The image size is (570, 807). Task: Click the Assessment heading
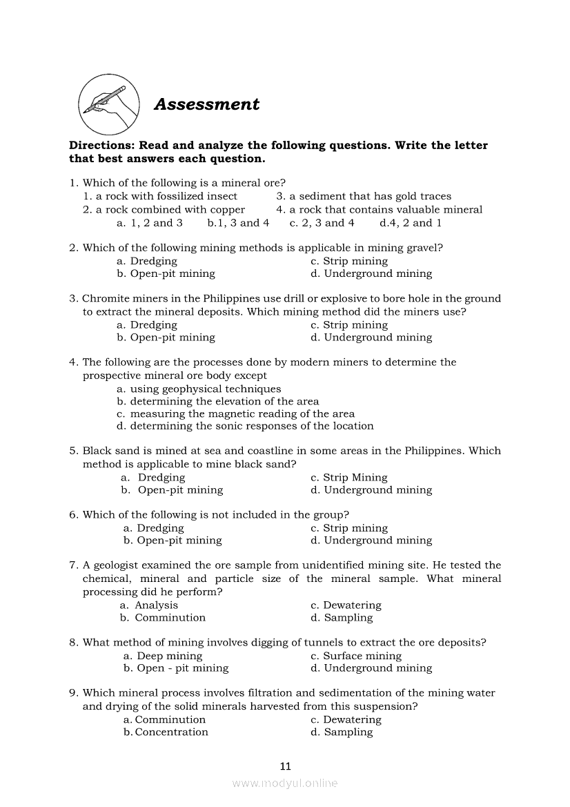click(x=206, y=104)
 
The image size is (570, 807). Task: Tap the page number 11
click(x=286, y=766)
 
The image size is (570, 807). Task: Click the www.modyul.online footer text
click(x=285, y=783)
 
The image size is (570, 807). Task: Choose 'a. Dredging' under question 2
click(x=147, y=261)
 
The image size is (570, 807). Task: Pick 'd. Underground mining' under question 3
click(x=371, y=338)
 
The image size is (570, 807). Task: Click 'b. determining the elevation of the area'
click(x=218, y=401)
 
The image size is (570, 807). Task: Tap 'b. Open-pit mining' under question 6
click(x=173, y=541)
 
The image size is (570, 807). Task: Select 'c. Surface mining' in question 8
click(x=356, y=656)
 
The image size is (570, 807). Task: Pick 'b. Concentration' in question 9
click(x=166, y=732)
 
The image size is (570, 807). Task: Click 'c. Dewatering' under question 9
click(x=346, y=719)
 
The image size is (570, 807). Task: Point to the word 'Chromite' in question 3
click(x=104, y=299)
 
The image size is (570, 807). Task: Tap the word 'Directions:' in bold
click(x=101, y=146)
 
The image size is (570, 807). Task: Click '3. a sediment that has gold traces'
click(x=364, y=197)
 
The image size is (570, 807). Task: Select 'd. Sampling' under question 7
click(x=342, y=618)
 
